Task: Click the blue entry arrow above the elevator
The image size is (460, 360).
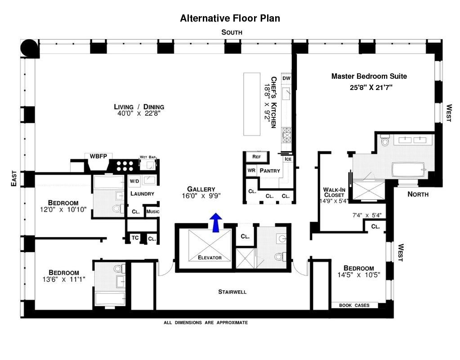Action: pos(216,222)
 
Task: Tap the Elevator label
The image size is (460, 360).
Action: pos(210,257)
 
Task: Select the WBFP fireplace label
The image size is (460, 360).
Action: pos(98,156)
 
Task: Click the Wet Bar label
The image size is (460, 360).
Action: pos(147,157)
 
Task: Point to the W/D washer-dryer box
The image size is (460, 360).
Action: pos(134,181)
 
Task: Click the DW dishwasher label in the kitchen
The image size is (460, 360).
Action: pos(286,78)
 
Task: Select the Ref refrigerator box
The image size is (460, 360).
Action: pos(256,157)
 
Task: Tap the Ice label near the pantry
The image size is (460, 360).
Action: pos(288,159)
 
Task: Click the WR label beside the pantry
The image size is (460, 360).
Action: pos(251,170)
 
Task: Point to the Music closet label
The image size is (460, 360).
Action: pos(153,211)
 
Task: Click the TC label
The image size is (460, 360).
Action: pos(135,238)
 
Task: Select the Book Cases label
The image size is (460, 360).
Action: pos(354,305)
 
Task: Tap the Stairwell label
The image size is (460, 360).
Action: pos(232,292)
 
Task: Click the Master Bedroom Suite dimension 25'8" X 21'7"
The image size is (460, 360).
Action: pos(371,87)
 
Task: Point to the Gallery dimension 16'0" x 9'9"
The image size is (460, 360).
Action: pos(201,196)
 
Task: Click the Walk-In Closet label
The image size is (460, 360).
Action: pos(334,192)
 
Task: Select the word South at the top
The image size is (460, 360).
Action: pos(232,32)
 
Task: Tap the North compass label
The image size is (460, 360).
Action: pos(418,194)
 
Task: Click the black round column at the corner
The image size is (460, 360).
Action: pos(29,48)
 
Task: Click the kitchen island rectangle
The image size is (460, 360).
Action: pos(252,104)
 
